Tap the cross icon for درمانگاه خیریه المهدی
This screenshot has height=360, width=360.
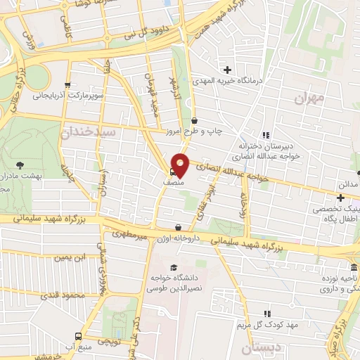227,70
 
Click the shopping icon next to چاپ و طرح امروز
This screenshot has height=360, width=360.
194,120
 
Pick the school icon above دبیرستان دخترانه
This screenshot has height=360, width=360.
266,135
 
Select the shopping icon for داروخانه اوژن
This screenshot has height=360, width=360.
179,227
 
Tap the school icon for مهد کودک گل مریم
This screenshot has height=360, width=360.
266,314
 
